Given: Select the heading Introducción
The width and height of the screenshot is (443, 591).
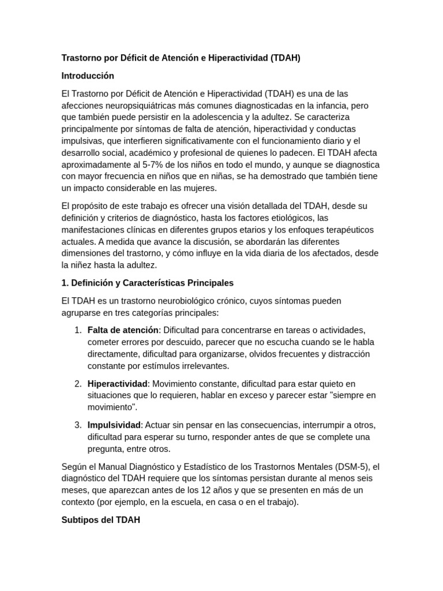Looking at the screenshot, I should pos(88,76).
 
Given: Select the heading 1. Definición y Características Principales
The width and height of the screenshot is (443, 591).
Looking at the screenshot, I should pos(147,283).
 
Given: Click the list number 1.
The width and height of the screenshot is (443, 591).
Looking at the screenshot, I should pos(78,330).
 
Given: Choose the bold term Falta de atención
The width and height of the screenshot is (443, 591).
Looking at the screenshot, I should pos(123,330).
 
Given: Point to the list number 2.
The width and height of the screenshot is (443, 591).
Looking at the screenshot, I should pos(78,383).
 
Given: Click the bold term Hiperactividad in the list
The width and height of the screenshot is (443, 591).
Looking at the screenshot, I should pos(118,383).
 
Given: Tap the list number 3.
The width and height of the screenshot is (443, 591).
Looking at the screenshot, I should pos(78,425).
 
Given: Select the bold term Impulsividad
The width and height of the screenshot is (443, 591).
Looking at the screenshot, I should pos(114,425).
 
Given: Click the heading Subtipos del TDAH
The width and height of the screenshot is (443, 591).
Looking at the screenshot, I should pos(100,519).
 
